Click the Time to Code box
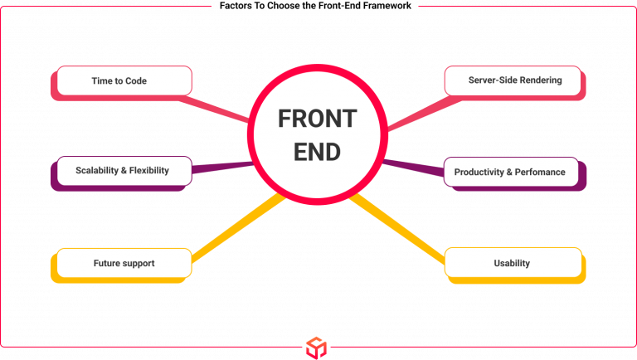coord(121,80)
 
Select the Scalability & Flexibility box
coord(124,170)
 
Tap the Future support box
coord(124,263)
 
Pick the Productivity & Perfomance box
coord(510,172)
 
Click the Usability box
coord(512,263)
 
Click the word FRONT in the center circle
coord(317,119)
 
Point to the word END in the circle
coord(317,153)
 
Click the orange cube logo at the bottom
coord(316,347)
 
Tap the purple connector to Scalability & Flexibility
coord(222,167)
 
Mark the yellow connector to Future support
coord(237,224)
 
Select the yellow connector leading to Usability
coord(398,226)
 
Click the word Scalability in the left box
coord(98,170)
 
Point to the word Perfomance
coord(540,172)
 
